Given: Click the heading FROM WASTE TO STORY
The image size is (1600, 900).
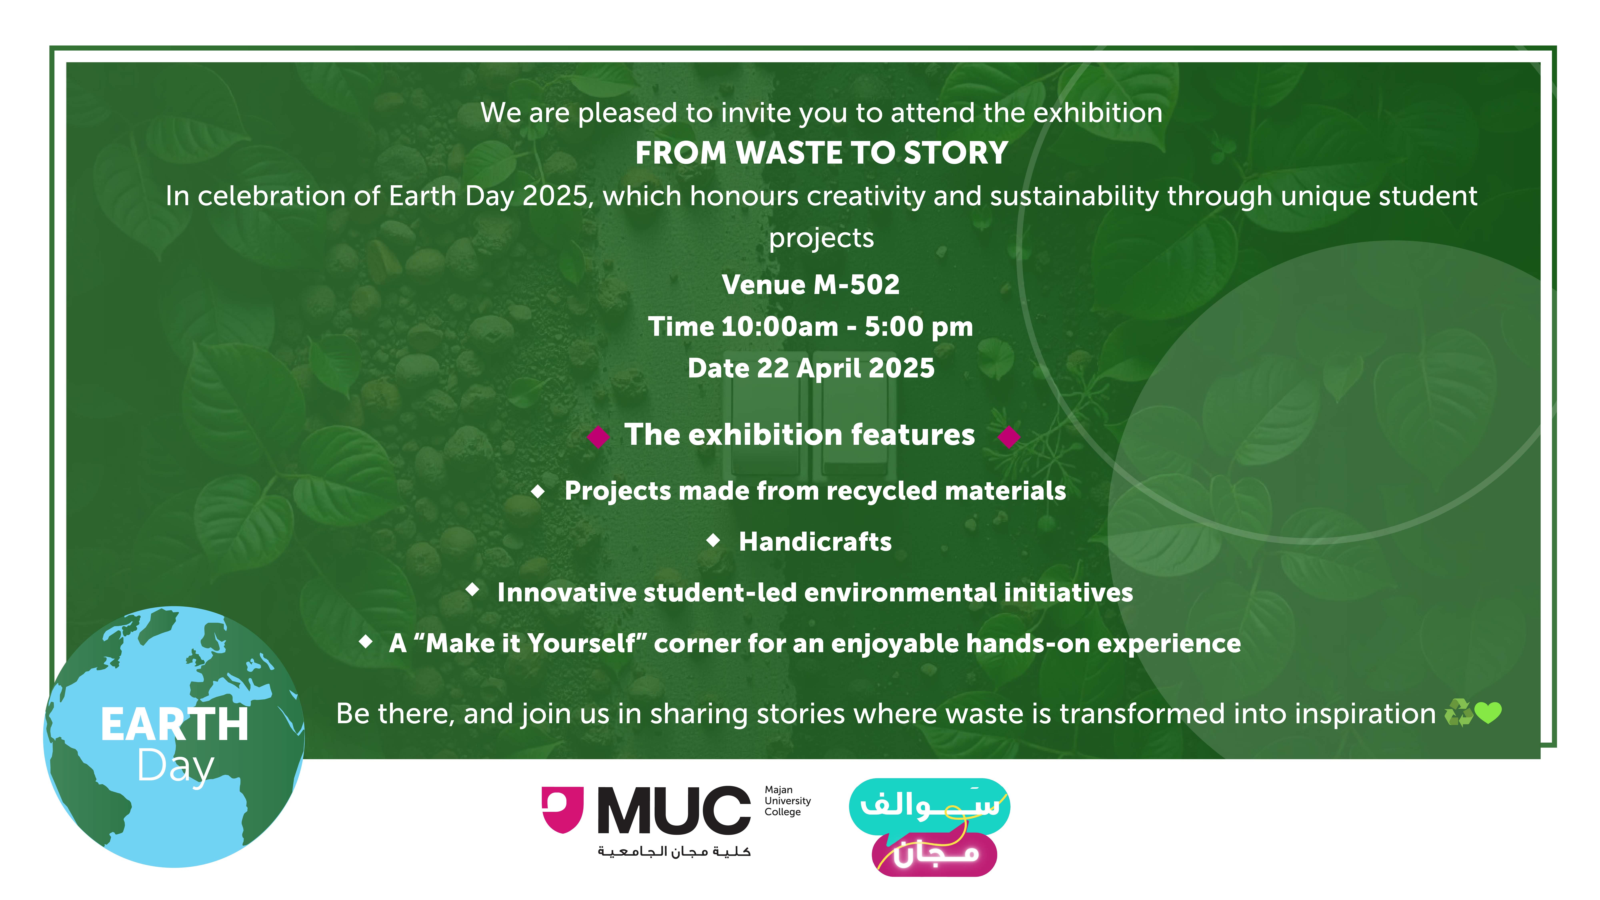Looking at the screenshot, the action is pos(821,153).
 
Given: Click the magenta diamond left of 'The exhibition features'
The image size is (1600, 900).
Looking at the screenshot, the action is pos(598,437).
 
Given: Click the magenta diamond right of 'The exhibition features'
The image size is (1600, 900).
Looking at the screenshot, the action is pos(1009,437).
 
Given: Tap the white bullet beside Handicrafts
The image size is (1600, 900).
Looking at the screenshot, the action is pos(713,540).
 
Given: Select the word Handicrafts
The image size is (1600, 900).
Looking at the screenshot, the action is pos(815,542).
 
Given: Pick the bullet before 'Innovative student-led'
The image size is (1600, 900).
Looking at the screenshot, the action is pos(473,589).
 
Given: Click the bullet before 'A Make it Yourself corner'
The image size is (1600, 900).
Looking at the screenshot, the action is pos(366,641).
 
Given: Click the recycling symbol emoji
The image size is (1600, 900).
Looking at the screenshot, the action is pos(1458,712).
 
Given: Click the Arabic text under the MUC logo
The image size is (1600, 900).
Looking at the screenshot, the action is pos(674,851).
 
